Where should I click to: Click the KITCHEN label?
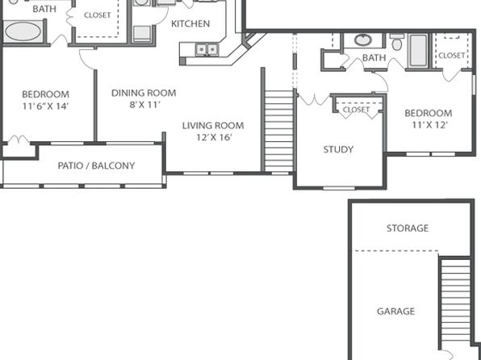(x=190, y=23)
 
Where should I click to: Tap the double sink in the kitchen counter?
(x=207, y=49)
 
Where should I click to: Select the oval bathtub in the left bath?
(x=23, y=31)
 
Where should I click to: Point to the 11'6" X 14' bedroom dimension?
(x=45, y=107)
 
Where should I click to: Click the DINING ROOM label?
(x=144, y=93)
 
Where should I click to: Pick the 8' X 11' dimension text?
(x=144, y=105)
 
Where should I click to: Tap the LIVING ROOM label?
(x=213, y=126)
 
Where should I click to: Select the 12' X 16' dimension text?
(x=214, y=137)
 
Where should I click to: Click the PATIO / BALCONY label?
(x=96, y=165)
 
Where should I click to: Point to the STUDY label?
(x=338, y=149)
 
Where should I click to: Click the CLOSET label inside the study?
(x=356, y=110)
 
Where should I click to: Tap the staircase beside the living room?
(x=279, y=131)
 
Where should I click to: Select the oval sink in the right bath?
(x=363, y=40)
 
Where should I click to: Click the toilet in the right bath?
(x=397, y=42)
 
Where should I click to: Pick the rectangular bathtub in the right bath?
(x=418, y=50)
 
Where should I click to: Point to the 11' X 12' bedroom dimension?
(x=430, y=125)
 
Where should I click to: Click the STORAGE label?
(x=408, y=228)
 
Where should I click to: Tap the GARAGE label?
(x=395, y=312)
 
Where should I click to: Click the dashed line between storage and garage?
(x=396, y=251)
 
